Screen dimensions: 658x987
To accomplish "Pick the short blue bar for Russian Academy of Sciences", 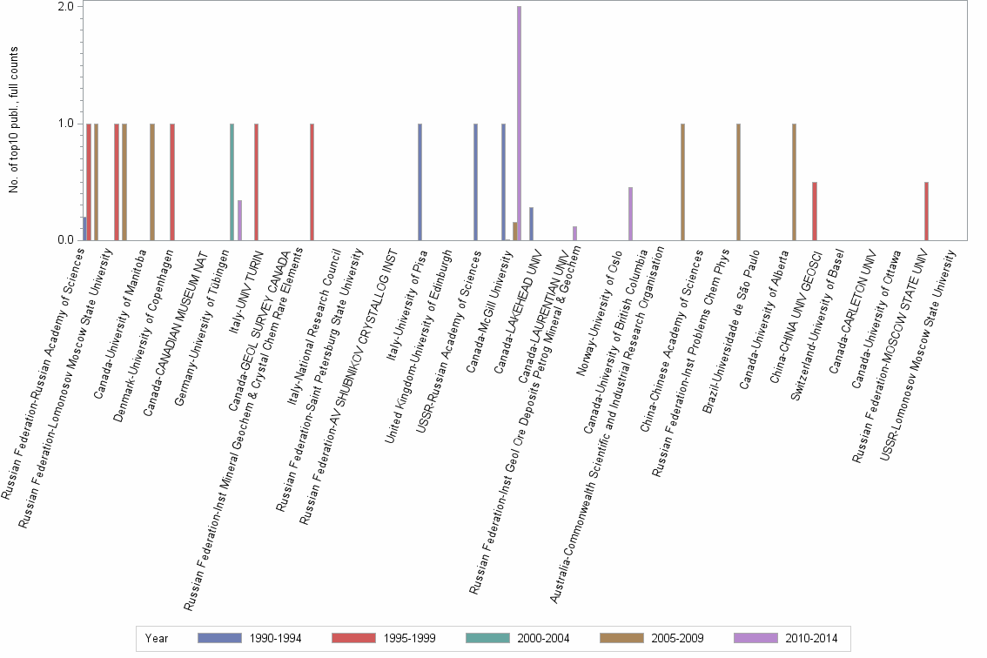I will tap(84, 228).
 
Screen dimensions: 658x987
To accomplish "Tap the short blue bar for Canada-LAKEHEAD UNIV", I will tap(531, 224).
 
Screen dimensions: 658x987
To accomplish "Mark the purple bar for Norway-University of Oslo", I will tap(630, 213).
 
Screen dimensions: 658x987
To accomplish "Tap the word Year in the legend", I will tap(158, 638).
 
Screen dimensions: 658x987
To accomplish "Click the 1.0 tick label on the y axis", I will tap(66, 123).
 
